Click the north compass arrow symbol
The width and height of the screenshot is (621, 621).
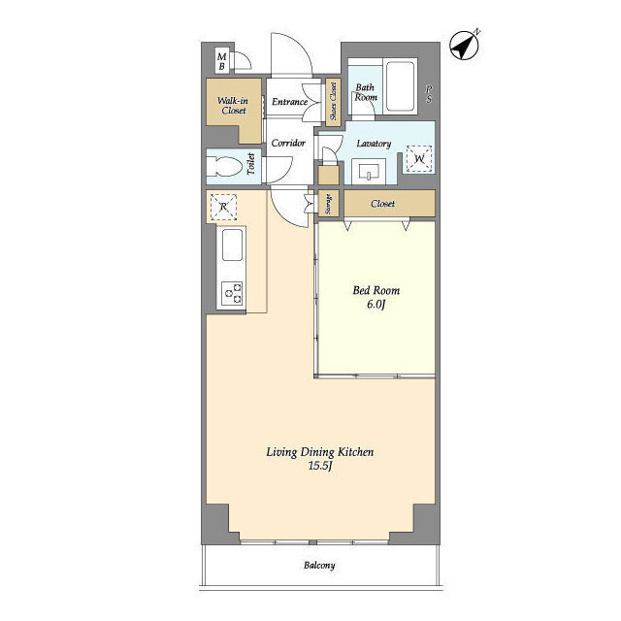pos(464,46)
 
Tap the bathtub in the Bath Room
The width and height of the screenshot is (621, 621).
pos(400,86)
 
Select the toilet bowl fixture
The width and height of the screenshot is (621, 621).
pos(224,166)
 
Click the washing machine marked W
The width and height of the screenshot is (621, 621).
pos(419,159)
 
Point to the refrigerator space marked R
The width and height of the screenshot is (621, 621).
pos(223,207)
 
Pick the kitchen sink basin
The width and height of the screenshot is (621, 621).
pos(232,245)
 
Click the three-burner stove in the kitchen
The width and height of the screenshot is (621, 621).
pos(232,293)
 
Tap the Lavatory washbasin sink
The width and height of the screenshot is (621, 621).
pos(369,171)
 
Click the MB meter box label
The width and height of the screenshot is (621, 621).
pos(222,61)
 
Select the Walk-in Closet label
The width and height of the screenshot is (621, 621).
pos(233,106)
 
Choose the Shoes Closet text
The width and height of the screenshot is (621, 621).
pos(333,101)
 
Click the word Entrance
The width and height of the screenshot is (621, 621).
pos(289,102)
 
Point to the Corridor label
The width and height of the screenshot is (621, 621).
pos(288,143)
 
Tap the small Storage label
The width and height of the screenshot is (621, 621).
pos(328,204)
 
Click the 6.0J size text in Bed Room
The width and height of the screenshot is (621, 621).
pos(376,305)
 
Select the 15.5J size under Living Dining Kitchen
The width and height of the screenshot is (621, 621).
pos(319,466)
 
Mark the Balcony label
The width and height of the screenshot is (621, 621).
pos(319,565)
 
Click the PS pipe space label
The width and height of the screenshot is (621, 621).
pos(429,94)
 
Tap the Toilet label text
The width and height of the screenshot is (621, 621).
pos(250,164)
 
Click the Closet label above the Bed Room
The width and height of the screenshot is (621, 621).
pos(382,204)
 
